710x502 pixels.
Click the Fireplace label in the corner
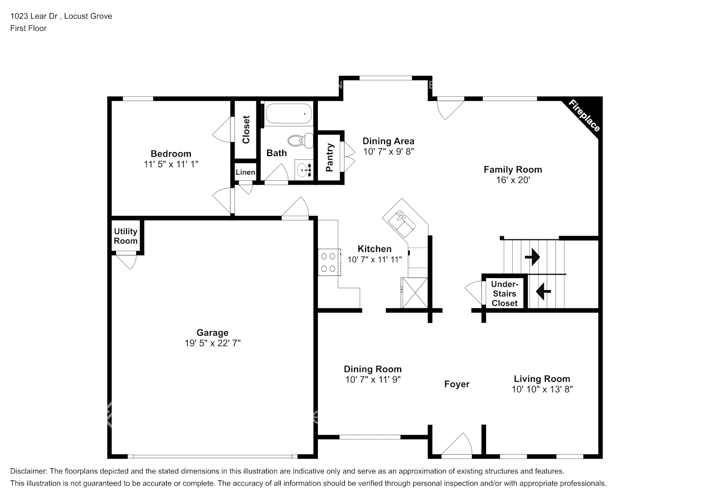(x=584, y=116)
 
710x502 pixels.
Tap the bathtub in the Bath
(x=288, y=114)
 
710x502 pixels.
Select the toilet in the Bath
(x=300, y=140)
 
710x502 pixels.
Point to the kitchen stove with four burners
(x=328, y=262)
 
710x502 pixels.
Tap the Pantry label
(x=330, y=158)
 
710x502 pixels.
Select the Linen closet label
(x=245, y=172)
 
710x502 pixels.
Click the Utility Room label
(x=126, y=236)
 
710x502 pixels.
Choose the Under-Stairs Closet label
(x=505, y=294)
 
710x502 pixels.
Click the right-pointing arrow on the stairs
(x=532, y=258)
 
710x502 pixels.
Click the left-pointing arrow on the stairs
(x=543, y=291)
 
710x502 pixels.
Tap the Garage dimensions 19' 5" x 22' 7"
(x=212, y=343)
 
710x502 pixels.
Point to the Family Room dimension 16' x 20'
(x=513, y=180)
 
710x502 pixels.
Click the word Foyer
(x=456, y=384)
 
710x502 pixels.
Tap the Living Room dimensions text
(x=542, y=389)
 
